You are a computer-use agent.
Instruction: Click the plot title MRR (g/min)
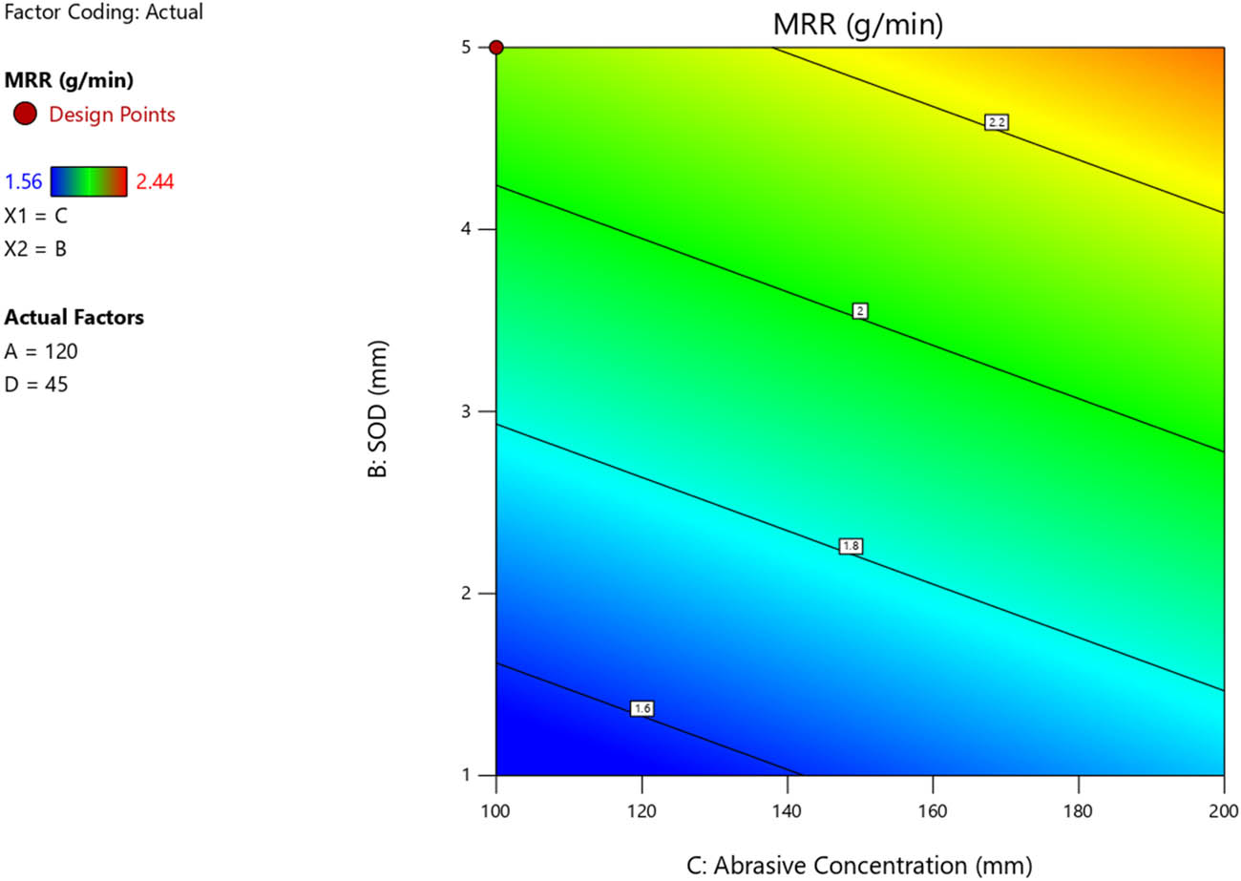(858, 25)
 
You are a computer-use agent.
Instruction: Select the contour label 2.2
(997, 122)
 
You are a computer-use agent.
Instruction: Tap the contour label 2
(860, 311)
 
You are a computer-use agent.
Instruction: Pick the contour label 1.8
(851, 546)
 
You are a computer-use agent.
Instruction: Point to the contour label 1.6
(642, 708)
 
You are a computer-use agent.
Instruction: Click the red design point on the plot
(496, 48)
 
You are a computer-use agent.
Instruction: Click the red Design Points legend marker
(26, 115)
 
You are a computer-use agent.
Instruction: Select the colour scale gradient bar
(89, 180)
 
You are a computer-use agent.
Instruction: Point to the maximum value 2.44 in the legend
(155, 181)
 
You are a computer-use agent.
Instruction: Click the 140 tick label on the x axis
(787, 810)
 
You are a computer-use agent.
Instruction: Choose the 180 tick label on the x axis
(1078, 810)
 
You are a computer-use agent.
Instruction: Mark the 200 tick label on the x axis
(1223, 810)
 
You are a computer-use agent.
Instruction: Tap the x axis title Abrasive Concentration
(859, 865)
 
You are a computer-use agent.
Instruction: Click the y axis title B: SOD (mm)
(377, 411)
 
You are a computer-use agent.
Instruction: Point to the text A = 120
(41, 351)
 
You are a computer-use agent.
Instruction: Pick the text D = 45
(35, 385)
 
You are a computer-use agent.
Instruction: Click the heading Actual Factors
(74, 317)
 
